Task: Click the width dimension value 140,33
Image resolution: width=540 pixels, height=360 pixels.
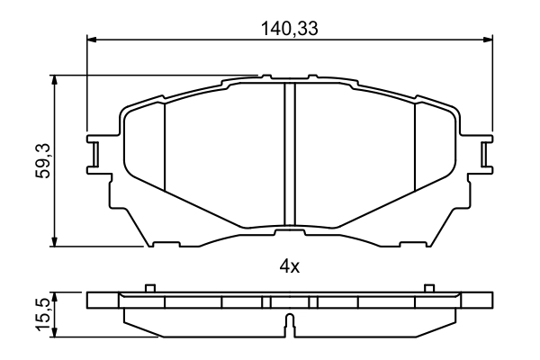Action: [x=290, y=27]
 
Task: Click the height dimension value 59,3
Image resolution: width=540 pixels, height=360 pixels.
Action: [x=42, y=160]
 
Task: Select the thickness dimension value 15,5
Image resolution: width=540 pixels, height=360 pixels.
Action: [x=42, y=312]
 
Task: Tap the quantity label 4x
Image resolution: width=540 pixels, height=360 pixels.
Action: [x=289, y=266]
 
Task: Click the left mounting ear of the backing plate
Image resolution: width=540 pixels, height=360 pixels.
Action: [x=94, y=153]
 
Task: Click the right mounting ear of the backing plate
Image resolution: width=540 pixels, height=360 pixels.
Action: [x=486, y=153]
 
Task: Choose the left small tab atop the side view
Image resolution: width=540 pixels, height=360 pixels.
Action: [x=150, y=288]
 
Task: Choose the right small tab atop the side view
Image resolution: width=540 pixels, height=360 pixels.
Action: [x=428, y=288]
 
